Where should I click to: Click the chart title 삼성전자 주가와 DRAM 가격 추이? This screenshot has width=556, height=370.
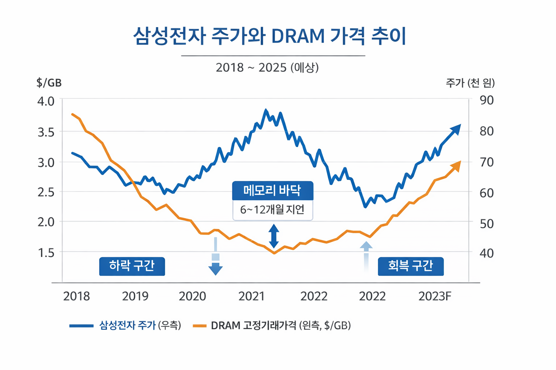click(x=270, y=36)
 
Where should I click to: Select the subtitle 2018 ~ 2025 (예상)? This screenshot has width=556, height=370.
click(x=267, y=68)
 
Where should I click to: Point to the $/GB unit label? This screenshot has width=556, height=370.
click(x=49, y=83)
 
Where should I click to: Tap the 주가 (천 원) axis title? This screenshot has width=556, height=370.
click(x=470, y=83)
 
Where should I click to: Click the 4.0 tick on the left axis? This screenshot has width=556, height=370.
click(x=46, y=101)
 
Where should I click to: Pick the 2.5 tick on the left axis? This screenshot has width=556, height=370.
click(x=46, y=192)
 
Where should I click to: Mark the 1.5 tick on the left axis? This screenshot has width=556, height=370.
click(x=46, y=253)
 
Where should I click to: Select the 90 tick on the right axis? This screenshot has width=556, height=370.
click(x=486, y=100)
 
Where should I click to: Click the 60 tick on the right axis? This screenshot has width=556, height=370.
click(x=486, y=193)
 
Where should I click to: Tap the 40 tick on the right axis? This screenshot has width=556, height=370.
click(x=486, y=253)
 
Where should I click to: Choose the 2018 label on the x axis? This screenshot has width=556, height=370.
click(x=76, y=296)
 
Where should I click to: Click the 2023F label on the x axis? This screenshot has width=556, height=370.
click(x=435, y=296)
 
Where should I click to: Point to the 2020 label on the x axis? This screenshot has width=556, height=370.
click(x=192, y=296)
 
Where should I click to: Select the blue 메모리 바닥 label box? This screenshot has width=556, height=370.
click(x=272, y=190)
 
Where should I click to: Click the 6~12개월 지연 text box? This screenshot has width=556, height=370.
click(x=272, y=210)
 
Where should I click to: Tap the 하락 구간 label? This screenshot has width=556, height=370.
click(x=132, y=266)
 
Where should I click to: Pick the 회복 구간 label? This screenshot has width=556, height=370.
click(x=410, y=266)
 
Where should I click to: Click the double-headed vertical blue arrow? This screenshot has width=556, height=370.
click(x=274, y=236)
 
